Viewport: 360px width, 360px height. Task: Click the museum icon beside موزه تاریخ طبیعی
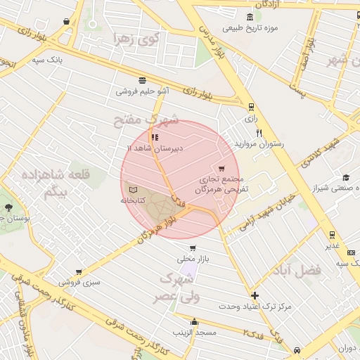[x=250, y=17]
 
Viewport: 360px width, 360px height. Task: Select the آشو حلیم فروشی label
[x=143, y=91]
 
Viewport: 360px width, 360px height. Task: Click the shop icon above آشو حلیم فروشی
[x=143, y=80]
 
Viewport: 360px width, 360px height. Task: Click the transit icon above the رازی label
[x=251, y=107]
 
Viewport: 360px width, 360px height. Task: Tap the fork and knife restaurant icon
[x=259, y=132]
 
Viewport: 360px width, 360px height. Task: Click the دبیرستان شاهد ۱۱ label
[x=154, y=148]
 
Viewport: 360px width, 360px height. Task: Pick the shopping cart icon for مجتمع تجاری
[x=222, y=169]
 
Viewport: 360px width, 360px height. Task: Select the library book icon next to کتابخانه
[x=132, y=189]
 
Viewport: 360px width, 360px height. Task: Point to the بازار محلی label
[x=193, y=259]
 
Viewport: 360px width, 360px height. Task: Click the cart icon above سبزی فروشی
[x=78, y=271]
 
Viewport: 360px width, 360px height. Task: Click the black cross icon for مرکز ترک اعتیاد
[x=255, y=296]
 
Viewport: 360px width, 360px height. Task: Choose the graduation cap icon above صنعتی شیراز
[x=345, y=177]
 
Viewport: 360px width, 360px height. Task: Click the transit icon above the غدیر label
[x=332, y=235]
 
